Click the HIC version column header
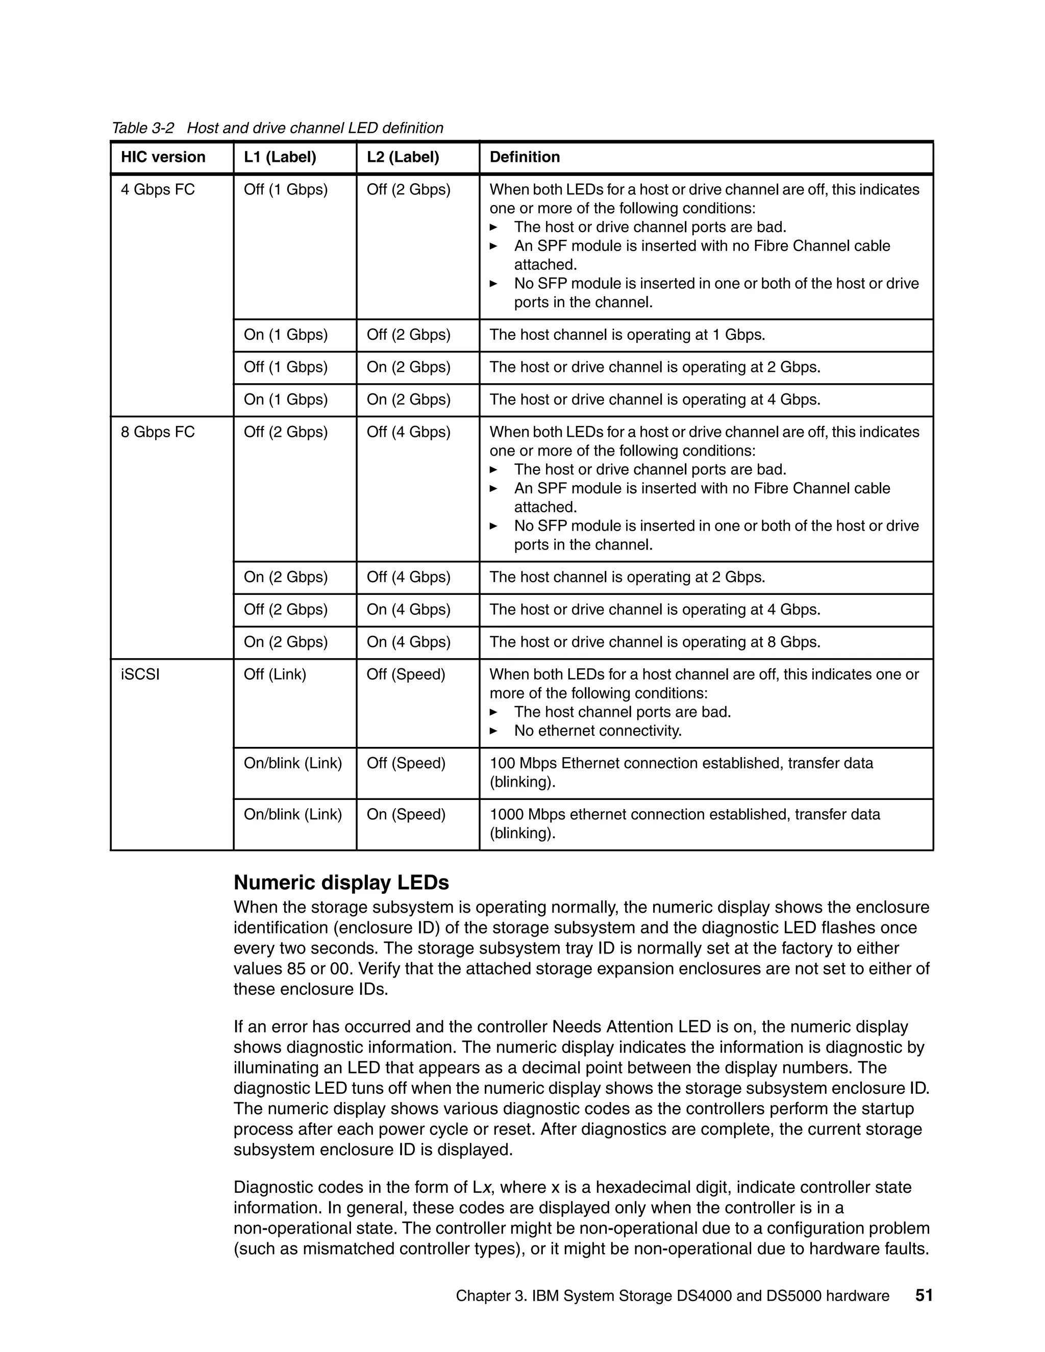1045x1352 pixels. click(163, 157)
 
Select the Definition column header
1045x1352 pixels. click(525, 157)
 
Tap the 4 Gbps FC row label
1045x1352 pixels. click(157, 189)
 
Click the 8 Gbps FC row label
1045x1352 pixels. click(157, 432)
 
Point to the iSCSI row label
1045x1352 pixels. click(140, 675)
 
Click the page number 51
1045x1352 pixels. click(924, 1296)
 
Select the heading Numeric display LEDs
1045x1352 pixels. click(341, 882)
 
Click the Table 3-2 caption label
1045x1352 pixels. click(143, 128)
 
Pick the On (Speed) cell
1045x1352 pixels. click(406, 815)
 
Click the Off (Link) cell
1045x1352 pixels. click(275, 675)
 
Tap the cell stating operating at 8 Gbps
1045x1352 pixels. click(654, 642)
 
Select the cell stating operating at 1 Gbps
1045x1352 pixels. click(627, 335)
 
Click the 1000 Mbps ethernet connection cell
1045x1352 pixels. click(684, 823)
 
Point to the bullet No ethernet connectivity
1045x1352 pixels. click(598, 731)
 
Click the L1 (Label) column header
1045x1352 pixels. click(280, 157)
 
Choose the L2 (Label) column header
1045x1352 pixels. click(403, 157)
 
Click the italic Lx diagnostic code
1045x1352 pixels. click(482, 1187)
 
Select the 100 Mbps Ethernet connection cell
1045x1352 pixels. click(681, 772)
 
